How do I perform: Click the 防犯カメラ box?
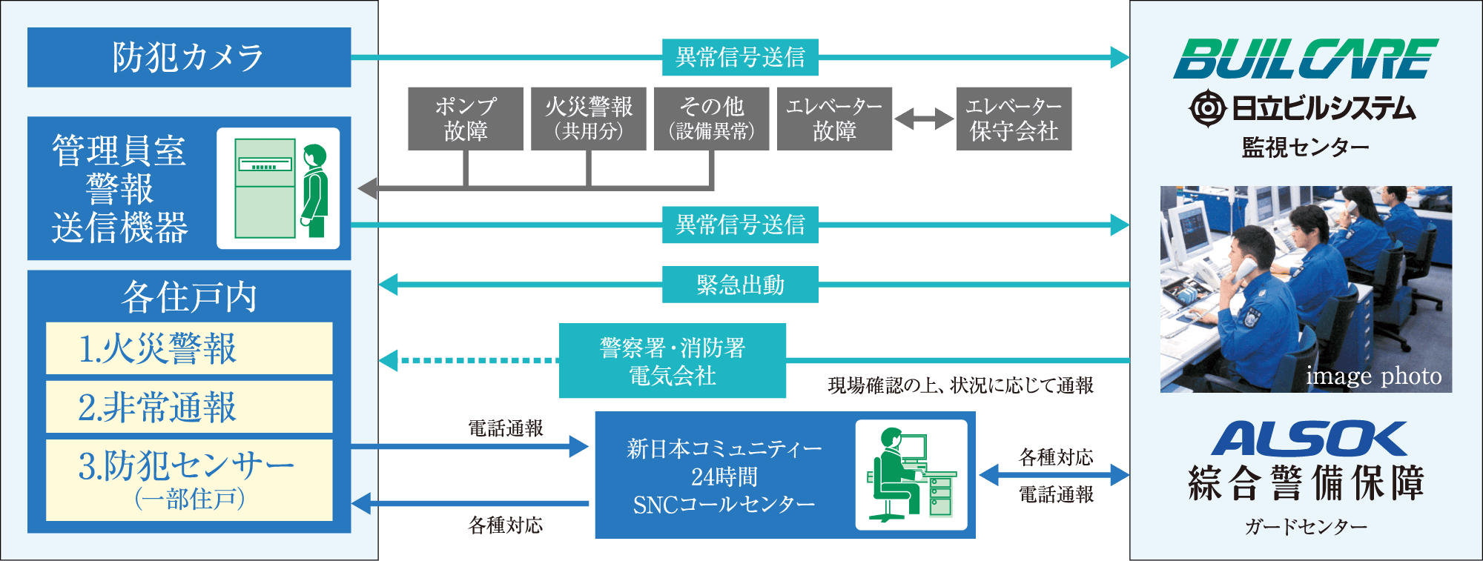[x=189, y=57]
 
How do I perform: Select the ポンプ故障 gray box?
[x=465, y=119]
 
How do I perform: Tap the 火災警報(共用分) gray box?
[x=588, y=119]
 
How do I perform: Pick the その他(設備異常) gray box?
[x=711, y=119]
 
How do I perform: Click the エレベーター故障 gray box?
[x=834, y=119]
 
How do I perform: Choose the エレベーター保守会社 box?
[x=1014, y=119]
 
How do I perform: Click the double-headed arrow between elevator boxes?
[x=924, y=119]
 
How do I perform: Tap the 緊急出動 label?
[x=740, y=285]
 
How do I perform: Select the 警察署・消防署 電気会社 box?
[x=673, y=361]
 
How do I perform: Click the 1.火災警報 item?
[x=189, y=348]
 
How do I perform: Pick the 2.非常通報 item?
[x=189, y=407]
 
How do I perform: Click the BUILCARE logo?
[x=1305, y=59]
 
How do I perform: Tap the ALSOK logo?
[x=1309, y=439]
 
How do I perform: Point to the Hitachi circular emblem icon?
[x=1208, y=109]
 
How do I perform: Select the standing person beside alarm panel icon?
[x=314, y=190]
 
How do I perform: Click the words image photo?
[x=1373, y=376]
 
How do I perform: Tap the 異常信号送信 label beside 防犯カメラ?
[x=740, y=57]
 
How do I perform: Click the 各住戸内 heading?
[x=189, y=296]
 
